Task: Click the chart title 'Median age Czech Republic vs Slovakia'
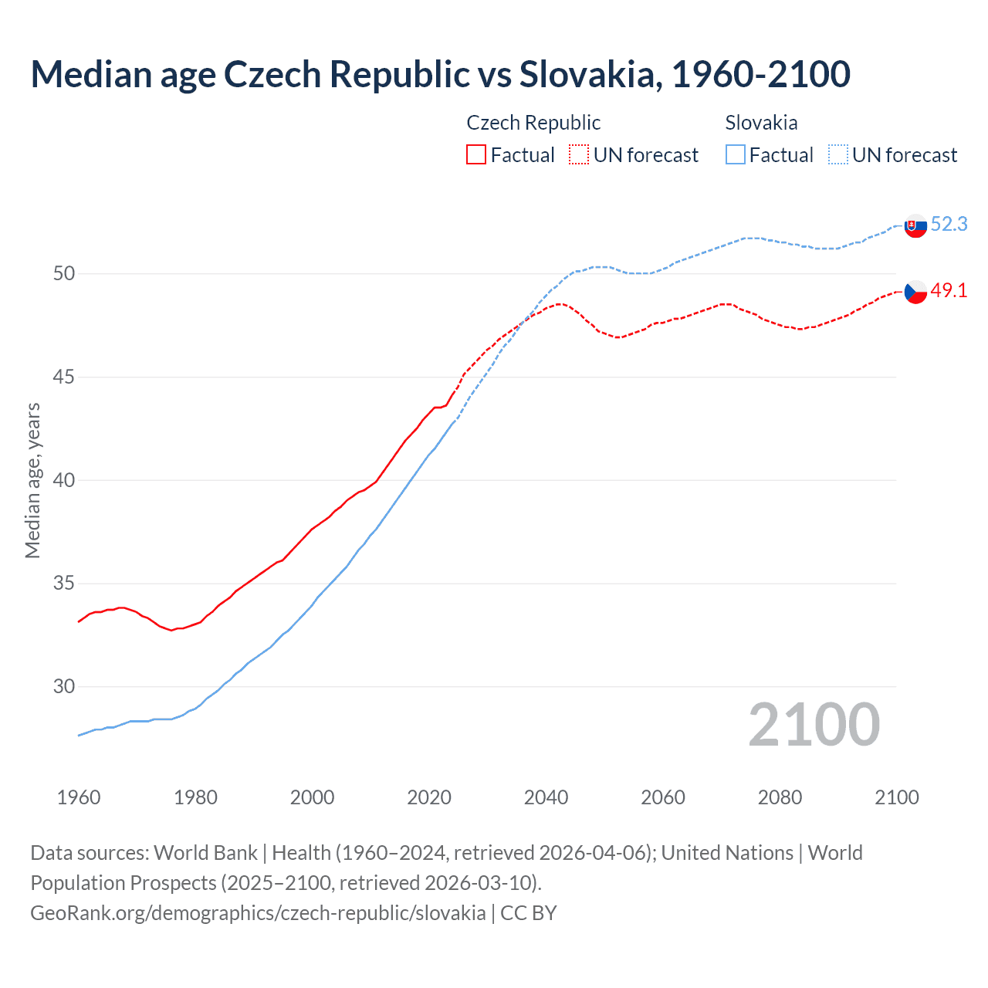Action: point(440,74)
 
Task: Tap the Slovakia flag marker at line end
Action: point(915,226)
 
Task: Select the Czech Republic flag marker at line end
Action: point(915,292)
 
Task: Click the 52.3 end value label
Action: point(949,224)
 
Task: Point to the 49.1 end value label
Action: point(949,291)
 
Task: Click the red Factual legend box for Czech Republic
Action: point(476,154)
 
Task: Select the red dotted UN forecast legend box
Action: point(579,154)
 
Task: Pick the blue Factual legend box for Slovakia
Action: point(736,154)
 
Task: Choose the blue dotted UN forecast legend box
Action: point(838,154)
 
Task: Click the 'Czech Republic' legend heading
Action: point(533,123)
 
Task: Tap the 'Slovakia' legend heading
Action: point(761,123)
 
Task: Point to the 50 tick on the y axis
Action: point(64,274)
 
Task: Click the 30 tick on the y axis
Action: point(64,686)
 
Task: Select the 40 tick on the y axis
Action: point(64,480)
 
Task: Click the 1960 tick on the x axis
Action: point(79,797)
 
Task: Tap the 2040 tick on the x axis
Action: point(546,797)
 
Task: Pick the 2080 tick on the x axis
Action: point(780,797)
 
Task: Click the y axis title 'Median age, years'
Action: point(32,480)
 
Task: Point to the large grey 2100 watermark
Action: point(814,725)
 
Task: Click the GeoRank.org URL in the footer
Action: point(258,913)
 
